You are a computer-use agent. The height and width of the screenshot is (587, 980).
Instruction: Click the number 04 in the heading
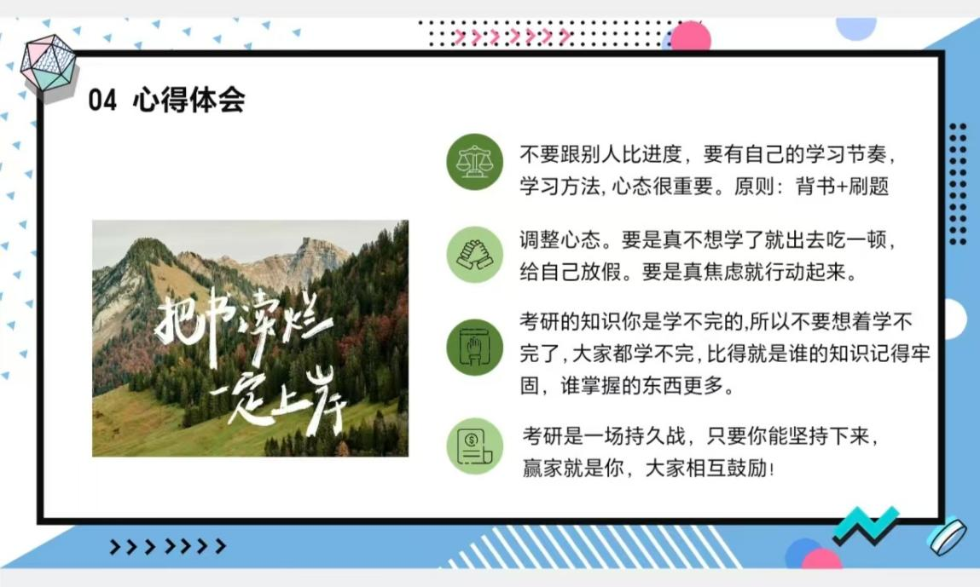(x=102, y=100)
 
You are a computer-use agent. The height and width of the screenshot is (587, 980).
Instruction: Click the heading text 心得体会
(x=188, y=100)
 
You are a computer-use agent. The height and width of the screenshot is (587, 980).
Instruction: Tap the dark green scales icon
(x=474, y=163)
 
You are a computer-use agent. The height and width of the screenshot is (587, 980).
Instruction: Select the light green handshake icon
(x=474, y=255)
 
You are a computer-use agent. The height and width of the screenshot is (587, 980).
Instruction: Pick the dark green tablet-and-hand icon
(x=474, y=348)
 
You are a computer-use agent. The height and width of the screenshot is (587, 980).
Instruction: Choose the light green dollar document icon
(x=474, y=446)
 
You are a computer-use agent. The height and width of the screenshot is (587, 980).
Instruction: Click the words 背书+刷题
(x=842, y=186)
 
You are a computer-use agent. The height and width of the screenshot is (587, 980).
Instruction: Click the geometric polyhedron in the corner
(x=48, y=66)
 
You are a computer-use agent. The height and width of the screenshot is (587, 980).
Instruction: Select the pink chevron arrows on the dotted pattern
(x=512, y=37)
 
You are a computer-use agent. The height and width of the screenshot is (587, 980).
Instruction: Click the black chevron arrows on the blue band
(x=167, y=546)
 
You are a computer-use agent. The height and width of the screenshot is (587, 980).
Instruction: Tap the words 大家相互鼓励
(x=705, y=468)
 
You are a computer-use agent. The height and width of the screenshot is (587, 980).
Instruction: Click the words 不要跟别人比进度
(x=600, y=153)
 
